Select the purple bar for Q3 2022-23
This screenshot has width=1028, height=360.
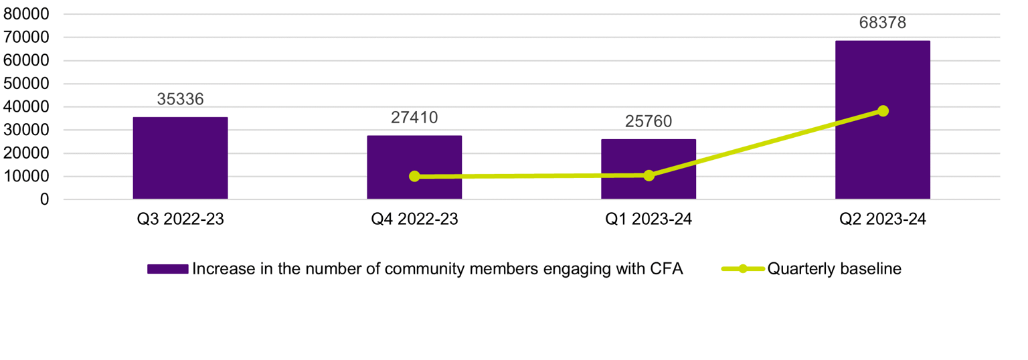[x=180, y=158]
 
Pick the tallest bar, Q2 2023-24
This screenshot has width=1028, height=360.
[x=882, y=120]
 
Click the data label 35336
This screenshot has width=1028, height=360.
[x=180, y=99]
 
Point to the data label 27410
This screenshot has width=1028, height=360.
[x=414, y=118]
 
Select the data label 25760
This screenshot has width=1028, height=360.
[x=649, y=121]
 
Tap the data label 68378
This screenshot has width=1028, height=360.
[x=882, y=23]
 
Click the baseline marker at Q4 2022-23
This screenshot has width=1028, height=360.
[x=414, y=176]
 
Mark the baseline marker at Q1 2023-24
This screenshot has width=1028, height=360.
[x=649, y=175]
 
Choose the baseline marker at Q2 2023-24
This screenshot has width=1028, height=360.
[x=883, y=110]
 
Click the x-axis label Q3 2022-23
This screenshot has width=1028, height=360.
[x=180, y=219]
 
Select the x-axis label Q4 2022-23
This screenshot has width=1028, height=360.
[x=414, y=219]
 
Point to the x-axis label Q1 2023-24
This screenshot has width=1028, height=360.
[x=649, y=219]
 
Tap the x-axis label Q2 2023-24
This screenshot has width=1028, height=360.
[x=882, y=219]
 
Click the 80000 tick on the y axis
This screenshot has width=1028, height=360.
[x=26, y=15]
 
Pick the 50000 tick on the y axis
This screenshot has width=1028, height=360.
[x=26, y=84]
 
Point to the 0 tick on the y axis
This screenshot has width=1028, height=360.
[x=44, y=199]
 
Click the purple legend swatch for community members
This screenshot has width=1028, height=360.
[x=167, y=269]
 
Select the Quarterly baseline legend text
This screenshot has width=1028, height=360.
[x=835, y=269]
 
